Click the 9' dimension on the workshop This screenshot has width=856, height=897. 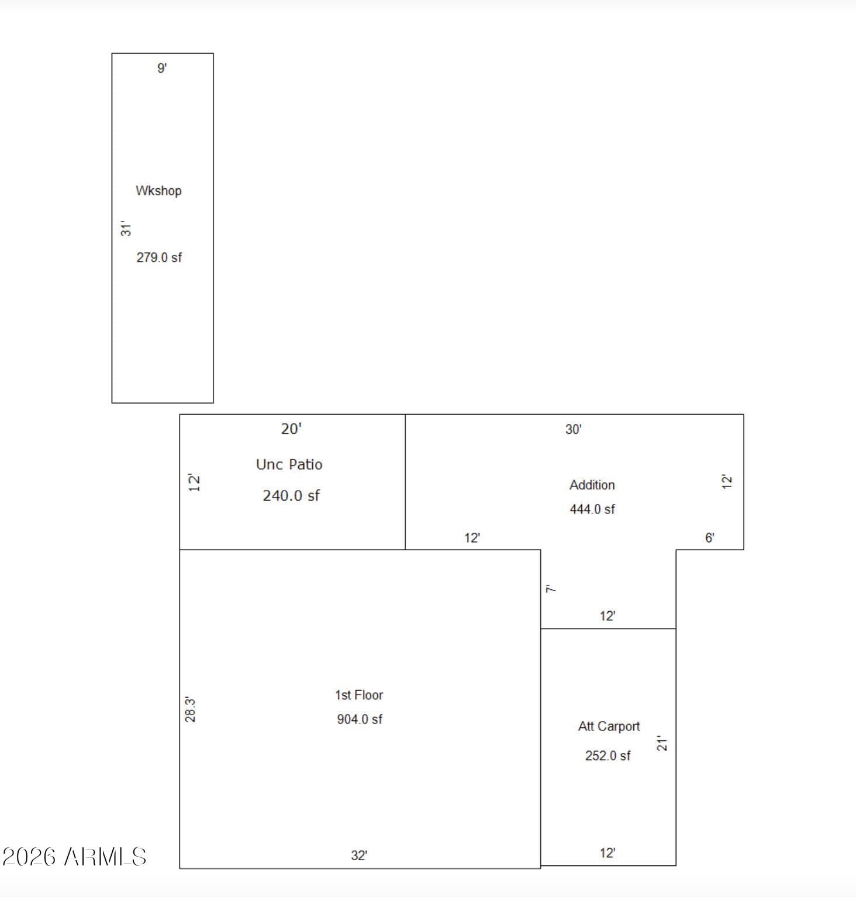[162, 68]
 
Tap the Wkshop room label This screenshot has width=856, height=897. [158, 191]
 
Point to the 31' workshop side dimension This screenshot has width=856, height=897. [126, 229]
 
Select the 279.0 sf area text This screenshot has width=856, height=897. [159, 257]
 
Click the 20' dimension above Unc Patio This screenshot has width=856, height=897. [291, 429]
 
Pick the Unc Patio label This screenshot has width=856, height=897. [289, 464]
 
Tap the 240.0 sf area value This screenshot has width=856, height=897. [291, 496]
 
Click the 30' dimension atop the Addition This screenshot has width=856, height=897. [573, 429]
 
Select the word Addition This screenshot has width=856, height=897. [592, 485]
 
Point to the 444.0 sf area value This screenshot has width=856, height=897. [592, 509]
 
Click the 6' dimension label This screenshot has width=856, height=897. [709, 538]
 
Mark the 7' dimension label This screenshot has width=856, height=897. [551, 588]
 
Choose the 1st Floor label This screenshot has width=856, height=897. [359, 695]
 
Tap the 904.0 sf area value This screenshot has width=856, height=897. [360, 719]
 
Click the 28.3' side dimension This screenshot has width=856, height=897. [190, 709]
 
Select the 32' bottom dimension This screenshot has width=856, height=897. [359, 855]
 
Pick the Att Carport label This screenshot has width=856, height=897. [609, 726]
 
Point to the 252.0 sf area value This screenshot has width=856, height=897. [608, 755]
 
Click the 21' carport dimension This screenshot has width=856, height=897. [662, 743]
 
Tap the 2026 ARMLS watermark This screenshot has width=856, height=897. [74, 857]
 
